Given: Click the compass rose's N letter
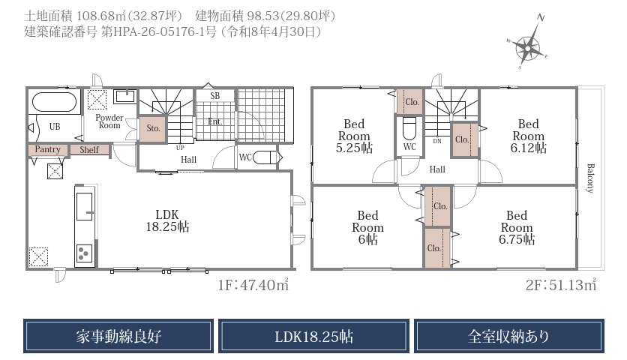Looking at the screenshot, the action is pos(541,17).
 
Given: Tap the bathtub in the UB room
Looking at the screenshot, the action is pos(54,103).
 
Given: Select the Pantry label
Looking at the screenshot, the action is pos(47,149).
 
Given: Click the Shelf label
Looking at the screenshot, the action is pos(88,149).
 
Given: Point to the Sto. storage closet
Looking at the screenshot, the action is pos(152,129).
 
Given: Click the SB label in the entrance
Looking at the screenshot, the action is pos(214,95).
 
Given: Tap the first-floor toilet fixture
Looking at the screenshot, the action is pos(264,157).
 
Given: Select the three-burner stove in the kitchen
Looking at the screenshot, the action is pos(84,253).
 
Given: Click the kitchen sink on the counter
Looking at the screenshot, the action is pos(84,206).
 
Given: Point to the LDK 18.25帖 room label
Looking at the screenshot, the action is pos(167,220).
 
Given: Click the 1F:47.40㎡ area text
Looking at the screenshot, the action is pos(253,284).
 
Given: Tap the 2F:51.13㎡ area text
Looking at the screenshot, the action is pos(560,284).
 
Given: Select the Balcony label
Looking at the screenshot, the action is pos(590,178).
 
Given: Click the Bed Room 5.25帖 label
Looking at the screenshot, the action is pos(354,136).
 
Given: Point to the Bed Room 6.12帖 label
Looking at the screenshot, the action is pos(528,136).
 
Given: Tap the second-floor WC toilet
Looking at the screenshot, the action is pos(409,128).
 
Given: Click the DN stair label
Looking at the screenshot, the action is pos(437,141).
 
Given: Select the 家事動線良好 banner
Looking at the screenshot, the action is pos(118,336).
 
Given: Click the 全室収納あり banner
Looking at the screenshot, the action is pos(509,336).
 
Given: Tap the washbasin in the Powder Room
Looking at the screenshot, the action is pos(125,97).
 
